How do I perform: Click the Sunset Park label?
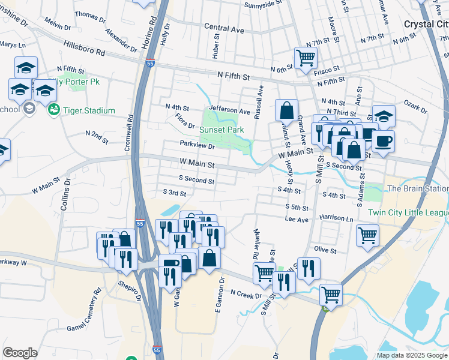[x=222, y=129]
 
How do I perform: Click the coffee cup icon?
[x=384, y=140]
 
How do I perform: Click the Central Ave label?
[x=224, y=28]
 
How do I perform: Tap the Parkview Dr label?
[x=197, y=145]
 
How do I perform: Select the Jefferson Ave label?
[x=229, y=111]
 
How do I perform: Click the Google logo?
[x=20, y=353]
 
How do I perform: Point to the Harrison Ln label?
[x=336, y=217]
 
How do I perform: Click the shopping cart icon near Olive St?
[x=367, y=235]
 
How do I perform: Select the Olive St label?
[x=325, y=250]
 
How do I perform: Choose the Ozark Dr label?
[x=416, y=110]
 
